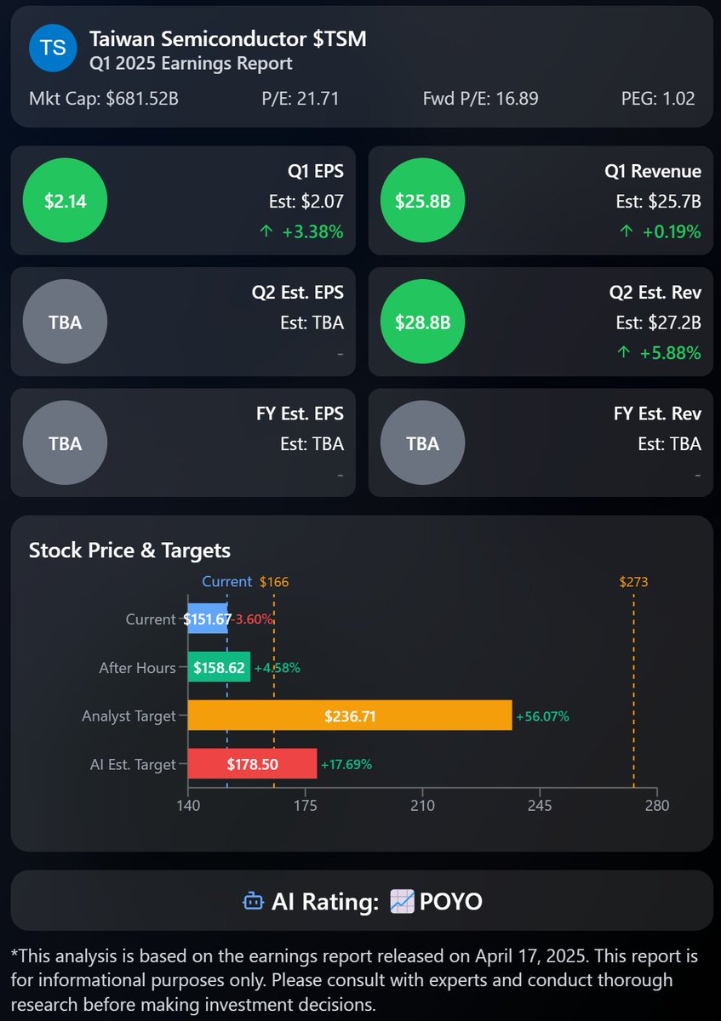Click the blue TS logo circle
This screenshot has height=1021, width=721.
click(x=53, y=48)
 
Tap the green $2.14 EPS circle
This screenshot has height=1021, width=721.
click(x=66, y=201)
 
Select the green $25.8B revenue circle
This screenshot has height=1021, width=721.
click(x=422, y=201)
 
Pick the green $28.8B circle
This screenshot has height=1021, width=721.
click(x=422, y=322)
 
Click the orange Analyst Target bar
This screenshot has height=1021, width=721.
click(x=349, y=716)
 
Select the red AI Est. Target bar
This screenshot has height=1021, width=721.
click(x=252, y=764)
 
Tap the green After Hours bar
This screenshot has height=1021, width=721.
click(x=219, y=668)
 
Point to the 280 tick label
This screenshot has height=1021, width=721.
click(x=656, y=806)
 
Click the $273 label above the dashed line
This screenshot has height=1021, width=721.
click(x=633, y=582)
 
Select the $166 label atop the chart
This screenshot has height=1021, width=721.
click(x=274, y=582)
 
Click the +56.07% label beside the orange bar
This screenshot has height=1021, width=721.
click(x=541, y=716)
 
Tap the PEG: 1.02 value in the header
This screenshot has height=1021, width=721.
click(x=658, y=99)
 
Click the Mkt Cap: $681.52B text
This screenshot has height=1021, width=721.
click(x=104, y=99)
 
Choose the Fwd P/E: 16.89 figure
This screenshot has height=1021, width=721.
click(x=480, y=99)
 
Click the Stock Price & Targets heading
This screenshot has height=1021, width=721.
click(x=129, y=550)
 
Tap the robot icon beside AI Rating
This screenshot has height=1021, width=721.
click(x=253, y=901)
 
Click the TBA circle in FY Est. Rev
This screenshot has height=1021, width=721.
click(x=422, y=444)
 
